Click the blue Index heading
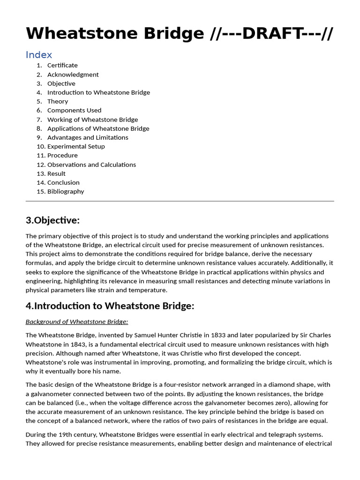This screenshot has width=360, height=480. point(39,55)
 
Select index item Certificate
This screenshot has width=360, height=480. point(62,65)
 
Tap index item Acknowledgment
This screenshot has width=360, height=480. point(73,75)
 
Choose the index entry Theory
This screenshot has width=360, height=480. point(58,101)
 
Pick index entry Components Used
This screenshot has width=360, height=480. point(74,110)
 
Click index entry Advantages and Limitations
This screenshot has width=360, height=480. point(88,137)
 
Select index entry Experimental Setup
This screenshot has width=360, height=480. point(76,146)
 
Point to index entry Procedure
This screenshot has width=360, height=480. point(62,155)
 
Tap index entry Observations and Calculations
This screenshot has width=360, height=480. point(91,165)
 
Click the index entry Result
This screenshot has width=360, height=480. point(56,173)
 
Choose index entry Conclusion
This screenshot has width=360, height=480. point(63,182)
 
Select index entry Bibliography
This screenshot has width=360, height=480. point(66,191)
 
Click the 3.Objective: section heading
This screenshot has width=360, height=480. point(52,220)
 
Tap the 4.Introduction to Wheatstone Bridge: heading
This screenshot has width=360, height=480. point(110,306)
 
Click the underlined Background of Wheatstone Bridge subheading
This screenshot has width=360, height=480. point(77,322)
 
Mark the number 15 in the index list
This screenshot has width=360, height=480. point(40,191)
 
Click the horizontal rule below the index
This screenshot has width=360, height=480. point(180,201)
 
